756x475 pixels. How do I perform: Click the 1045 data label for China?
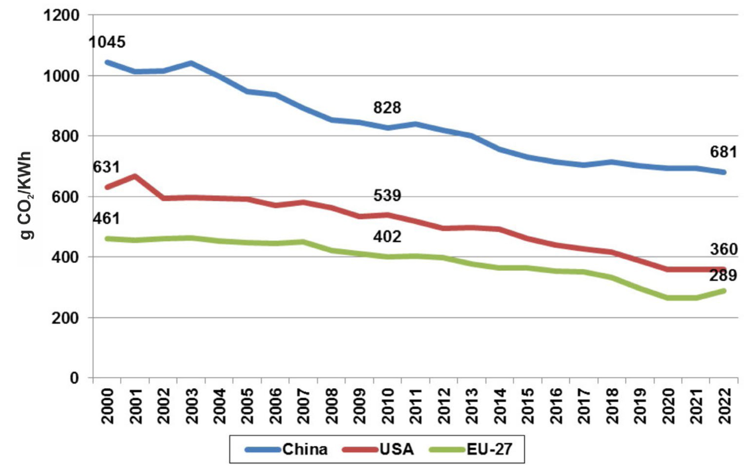[107, 42]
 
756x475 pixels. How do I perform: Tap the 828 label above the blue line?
[387, 107]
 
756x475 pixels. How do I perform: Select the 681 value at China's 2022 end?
[723, 152]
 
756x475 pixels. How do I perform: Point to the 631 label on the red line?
[106, 167]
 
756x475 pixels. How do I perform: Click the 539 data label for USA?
[387, 196]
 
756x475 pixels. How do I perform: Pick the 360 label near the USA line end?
[723, 249]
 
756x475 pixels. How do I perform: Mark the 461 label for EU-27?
[106, 218]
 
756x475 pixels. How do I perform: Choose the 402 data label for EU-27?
[387, 237]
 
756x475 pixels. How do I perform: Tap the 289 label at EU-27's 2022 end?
[723, 276]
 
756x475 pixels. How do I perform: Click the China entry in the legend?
[304, 449]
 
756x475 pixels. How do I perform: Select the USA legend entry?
[396, 449]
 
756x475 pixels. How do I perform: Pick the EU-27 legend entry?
[489, 449]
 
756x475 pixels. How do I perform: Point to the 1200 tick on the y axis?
[61, 16]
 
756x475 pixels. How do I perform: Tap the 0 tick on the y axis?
[74, 378]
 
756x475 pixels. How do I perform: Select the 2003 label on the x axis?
[191, 406]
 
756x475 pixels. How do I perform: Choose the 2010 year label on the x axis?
[388, 406]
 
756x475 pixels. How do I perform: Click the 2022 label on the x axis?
[724, 406]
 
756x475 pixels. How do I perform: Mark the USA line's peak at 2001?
[135, 176]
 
